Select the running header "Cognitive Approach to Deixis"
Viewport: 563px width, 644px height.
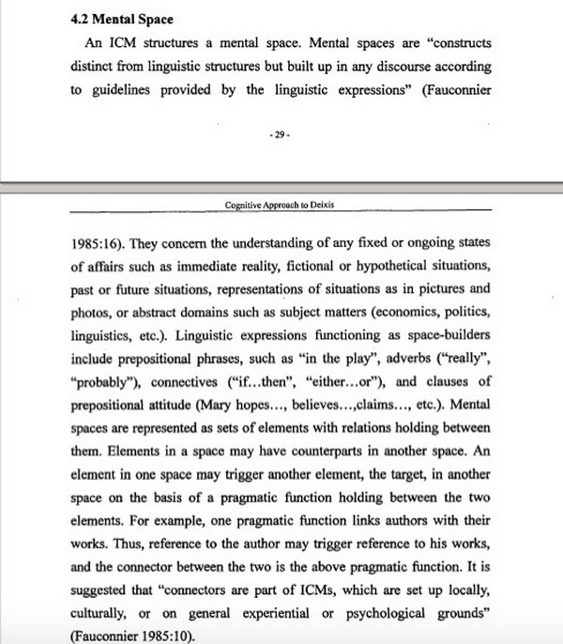(x=281, y=205)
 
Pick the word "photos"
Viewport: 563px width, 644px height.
(x=91, y=311)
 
